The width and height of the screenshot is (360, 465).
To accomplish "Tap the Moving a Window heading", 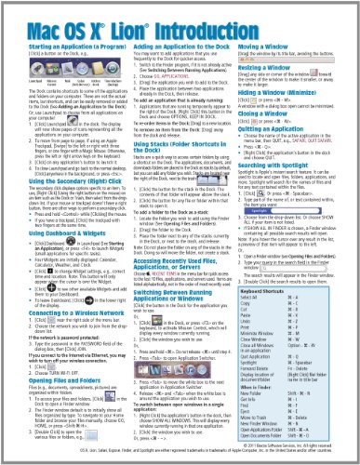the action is tap(271, 45).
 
